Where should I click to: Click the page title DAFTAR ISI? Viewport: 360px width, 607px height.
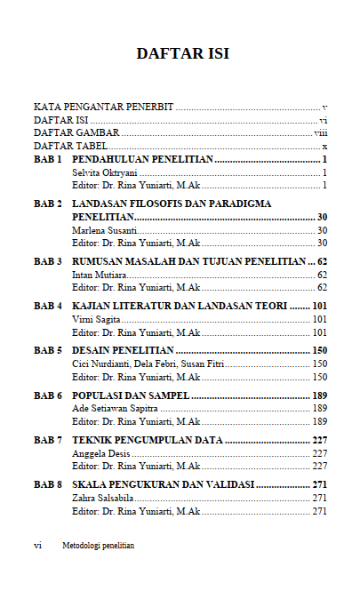[182, 54]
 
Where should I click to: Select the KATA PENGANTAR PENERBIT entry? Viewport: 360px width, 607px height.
[103, 107]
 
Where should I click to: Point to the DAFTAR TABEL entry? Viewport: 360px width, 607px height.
[70, 146]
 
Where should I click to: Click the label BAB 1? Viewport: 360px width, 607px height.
[48, 159]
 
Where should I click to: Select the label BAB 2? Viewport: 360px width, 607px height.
[48, 204]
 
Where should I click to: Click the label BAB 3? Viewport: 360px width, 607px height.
[48, 262]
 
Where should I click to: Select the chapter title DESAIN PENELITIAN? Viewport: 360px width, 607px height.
[123, 350]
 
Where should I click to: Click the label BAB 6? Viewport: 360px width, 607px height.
[48, 395]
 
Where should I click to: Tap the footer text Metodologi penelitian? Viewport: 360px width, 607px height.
[98, 546]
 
